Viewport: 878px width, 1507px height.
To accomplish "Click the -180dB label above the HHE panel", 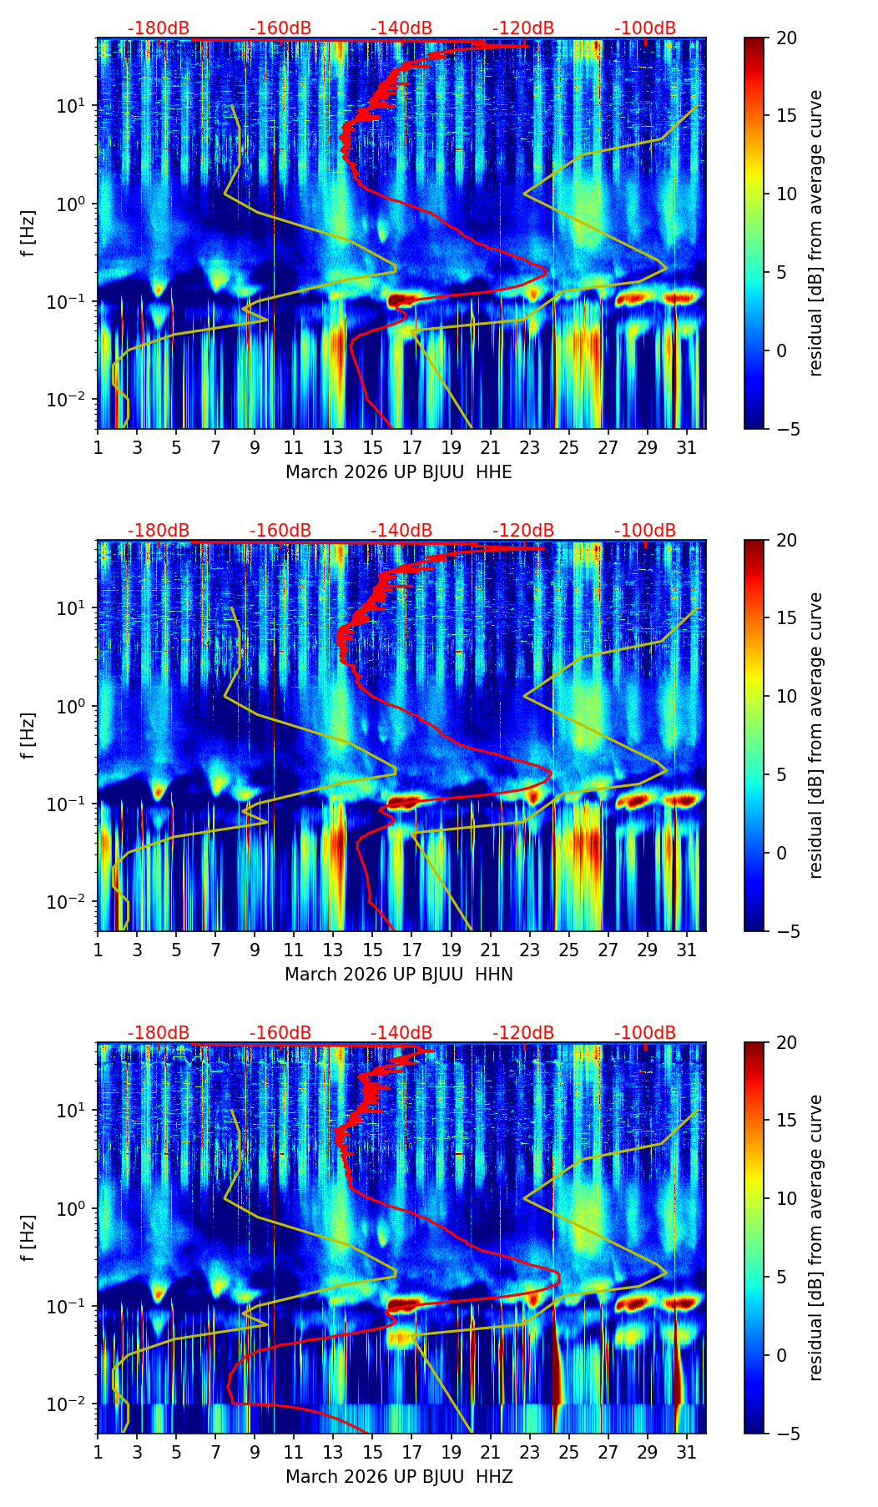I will [159, 28].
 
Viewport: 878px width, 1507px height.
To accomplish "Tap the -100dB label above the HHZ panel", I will [645, 1033].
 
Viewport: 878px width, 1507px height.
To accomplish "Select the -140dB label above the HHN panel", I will [401, 531].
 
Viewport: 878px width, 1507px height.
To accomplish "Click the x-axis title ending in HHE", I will [398, 472].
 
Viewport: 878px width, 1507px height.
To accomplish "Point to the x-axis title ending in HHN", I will [398, 975].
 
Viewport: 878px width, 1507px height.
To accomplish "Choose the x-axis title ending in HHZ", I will [398, 1477].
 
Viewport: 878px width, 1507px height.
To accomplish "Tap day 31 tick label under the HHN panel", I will [687, 950].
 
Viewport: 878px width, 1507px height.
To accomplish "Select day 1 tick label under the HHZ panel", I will [98, 1453].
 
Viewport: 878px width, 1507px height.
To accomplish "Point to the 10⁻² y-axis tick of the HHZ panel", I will [74, 1404].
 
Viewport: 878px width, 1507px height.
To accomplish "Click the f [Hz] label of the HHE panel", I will [28, 233].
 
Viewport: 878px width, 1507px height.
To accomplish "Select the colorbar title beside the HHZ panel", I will [815, 1237].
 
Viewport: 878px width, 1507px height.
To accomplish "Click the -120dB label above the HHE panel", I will [523, 28].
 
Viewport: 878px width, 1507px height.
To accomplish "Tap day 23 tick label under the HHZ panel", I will [530, 1453].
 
